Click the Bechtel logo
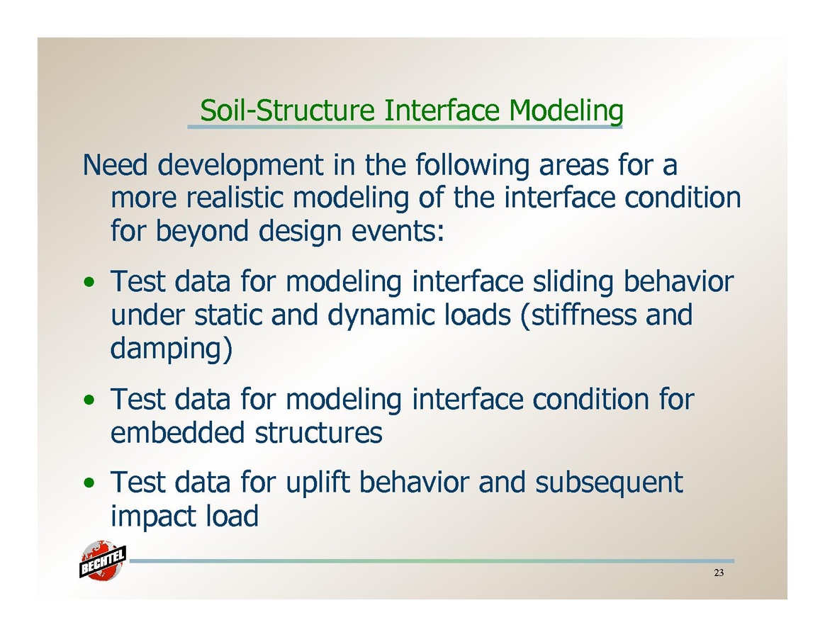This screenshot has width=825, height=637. click(103, 561)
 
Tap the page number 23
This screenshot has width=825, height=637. click(719, 573)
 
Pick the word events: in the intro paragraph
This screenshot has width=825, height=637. click(397, 232)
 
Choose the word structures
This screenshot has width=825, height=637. click(319, 432)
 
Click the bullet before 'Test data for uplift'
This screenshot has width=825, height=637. click(90, 483)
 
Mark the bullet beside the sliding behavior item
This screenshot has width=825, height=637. click(90, 283)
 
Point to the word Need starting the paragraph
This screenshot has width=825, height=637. click(116, 164)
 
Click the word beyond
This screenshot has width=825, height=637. click(201, 232)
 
